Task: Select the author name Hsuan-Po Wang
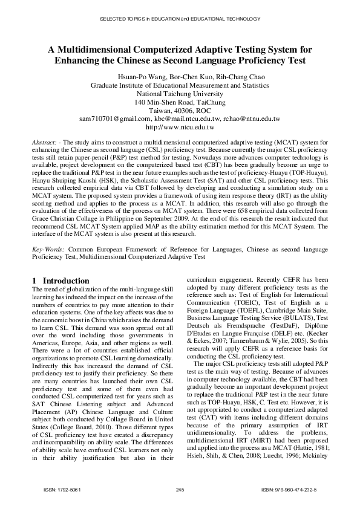coord(137,77)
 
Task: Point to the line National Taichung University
coord(180,94)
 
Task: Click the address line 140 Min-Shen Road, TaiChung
coord(180,103)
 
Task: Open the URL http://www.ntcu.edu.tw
coord(180,128)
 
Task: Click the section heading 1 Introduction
coord(61,281)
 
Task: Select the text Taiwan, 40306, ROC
coord(180,111)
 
